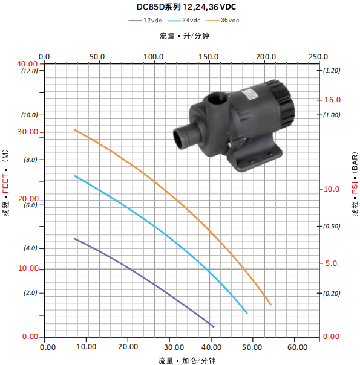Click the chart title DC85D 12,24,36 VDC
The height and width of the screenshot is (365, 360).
(x=186, y=7)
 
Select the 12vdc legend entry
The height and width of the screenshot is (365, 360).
(x=145, y=21)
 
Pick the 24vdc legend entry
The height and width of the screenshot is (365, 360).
(x=184, y=21)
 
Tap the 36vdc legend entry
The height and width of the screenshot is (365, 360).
(x=223, y=21)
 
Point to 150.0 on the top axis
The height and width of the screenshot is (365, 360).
(x=208, y=57)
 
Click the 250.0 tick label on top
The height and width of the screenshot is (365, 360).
(x=318, y=57)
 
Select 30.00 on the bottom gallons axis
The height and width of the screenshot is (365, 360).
(x=174, y=347)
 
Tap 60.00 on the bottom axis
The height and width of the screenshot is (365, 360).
(x=297, y=347)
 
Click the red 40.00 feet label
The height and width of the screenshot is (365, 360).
(x=27, y=64)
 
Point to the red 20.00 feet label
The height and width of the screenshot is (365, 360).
(x=28, y=199)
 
